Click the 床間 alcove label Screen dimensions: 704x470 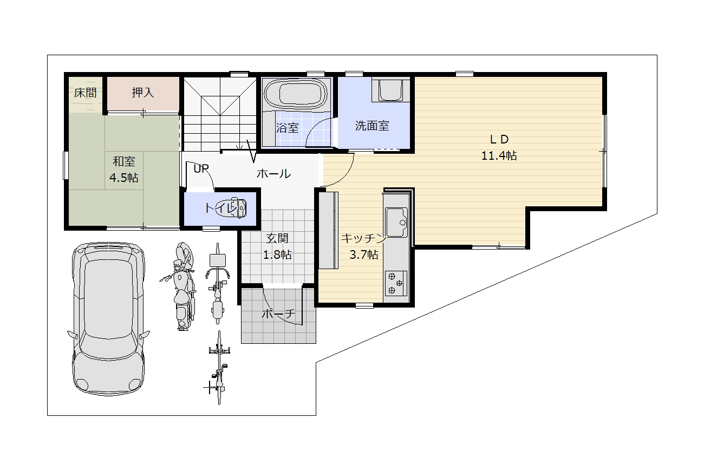(x=85, y=93)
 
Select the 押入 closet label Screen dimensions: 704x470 (x=142, y=93)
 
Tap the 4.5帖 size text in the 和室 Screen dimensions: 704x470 (x=124, y=178)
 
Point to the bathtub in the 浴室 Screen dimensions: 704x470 (x=296, y=94)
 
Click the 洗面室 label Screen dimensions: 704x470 (x=372, y=126)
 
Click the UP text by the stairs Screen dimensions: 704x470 (x=201, y=169)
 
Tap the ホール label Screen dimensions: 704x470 (x=273, y=174)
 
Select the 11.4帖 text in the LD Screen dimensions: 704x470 (x=499, y=155)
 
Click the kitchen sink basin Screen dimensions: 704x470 (x=396, y=222)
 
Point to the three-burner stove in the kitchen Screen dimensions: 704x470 (x=396, y=283)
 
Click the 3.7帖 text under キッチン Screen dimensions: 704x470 (x=363, y=254)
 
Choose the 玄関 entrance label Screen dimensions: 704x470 (x=277, y=238)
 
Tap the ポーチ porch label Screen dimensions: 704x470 (x=279, y=313)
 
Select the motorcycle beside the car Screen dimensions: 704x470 (x=181, y=286)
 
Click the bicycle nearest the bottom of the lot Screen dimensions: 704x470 (x=219, y=368)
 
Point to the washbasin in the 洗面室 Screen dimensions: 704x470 (x=390, y=90)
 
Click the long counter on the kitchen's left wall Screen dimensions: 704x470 (x=328, y=230)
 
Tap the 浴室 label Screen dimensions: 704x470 (x=287, y=128)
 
